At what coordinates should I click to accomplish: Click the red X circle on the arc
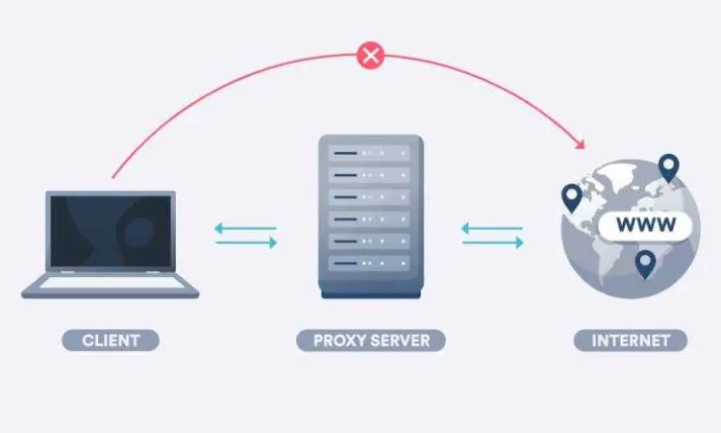[370, 56]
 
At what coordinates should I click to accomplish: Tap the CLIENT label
[111, 341]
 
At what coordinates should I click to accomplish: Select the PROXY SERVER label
[371, 341]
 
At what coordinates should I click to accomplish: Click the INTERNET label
[631, 341]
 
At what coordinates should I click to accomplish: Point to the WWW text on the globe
[646, 224]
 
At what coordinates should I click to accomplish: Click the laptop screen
[111, 231]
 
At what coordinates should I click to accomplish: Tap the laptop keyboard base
[111, 285]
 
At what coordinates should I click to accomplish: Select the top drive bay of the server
[369, 153]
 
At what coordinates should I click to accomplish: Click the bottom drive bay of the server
[369, 264]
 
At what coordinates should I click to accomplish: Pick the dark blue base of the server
[371, 294]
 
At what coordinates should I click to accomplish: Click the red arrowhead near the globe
[581, 144]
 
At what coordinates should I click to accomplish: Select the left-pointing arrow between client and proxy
[245, 228]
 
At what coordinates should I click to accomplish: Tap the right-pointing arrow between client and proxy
[246, 242]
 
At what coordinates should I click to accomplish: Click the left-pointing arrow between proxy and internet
[491, 228]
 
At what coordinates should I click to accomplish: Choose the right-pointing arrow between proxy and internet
[493, 242]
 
